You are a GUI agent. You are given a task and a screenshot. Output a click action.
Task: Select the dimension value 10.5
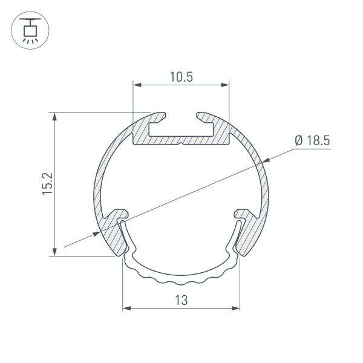pyautogui.click(x=181, y=77)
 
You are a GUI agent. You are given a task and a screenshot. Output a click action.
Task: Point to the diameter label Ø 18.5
pyautogui.click(x=312, y=141)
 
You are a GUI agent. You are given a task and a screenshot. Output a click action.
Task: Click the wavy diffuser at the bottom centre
pyautogui.click(x=181, y=276)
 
